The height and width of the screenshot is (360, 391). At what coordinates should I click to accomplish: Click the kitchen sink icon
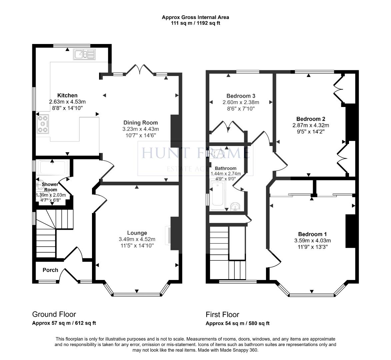pos(85,54)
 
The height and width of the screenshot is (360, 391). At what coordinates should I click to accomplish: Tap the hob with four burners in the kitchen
pos(43,124)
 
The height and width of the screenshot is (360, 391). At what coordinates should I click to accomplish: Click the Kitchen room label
pos(67,96)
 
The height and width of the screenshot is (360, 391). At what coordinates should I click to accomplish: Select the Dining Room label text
pos(140,123)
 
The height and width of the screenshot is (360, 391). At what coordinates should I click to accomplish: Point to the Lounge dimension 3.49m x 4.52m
pos(137,239)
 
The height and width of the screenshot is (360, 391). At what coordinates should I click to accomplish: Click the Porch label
pos(50,270)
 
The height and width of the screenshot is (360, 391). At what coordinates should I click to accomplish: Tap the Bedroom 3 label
pos(241,96)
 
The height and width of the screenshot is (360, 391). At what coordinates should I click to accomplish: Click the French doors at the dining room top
pos(140,69)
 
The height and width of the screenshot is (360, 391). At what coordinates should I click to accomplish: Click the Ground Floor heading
pos(54,314)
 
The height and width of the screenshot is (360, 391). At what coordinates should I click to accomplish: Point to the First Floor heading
pos(222,314)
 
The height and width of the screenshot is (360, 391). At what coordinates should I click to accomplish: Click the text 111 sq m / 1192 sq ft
pos(195,23)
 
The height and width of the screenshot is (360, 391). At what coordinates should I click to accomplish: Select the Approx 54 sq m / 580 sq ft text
pos(237,323)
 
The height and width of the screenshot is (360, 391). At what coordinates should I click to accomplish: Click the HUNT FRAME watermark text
pos(195,153)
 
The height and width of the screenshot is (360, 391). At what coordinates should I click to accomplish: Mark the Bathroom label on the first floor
pos(225,168)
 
